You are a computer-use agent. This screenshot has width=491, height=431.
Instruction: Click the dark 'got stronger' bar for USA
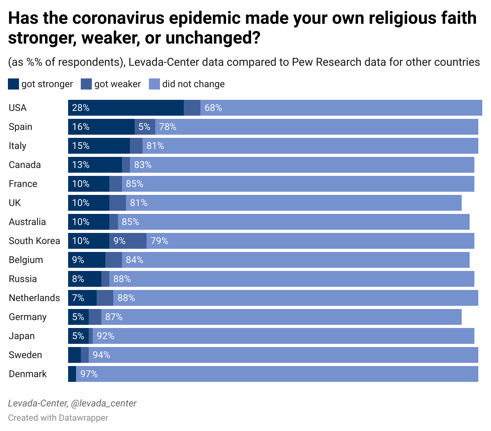126,108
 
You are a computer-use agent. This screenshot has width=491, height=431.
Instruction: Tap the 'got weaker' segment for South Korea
128,241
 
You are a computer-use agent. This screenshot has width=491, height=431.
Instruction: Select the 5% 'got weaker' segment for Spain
145,127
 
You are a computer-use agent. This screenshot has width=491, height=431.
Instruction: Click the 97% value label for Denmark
89,374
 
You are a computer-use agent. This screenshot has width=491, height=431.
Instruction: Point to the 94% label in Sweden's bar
101,355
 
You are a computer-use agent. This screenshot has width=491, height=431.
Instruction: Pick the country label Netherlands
34,298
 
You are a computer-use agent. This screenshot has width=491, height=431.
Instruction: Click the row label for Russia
23,279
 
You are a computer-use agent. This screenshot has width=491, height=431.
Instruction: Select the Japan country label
22,336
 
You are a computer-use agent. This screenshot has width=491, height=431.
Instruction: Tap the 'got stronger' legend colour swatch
13,84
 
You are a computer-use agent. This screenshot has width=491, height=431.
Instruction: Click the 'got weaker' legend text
117,84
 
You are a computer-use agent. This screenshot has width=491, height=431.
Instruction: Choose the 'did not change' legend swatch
154,84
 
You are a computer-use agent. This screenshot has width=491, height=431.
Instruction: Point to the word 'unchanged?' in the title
213,38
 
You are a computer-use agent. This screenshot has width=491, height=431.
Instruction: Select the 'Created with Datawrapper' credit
58,418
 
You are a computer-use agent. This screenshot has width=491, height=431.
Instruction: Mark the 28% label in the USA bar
81,108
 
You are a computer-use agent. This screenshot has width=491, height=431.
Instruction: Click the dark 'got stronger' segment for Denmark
72,374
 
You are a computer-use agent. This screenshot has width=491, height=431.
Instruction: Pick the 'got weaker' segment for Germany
95,317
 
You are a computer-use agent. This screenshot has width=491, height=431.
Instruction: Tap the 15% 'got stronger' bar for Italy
99,146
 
